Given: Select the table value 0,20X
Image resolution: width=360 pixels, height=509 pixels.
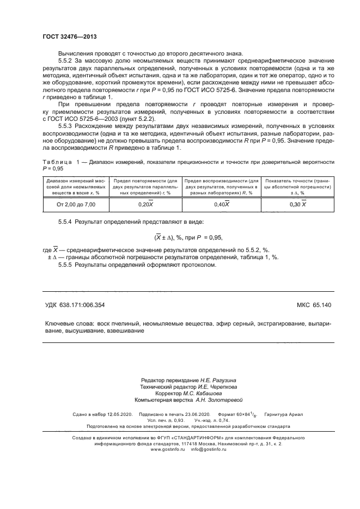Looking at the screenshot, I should [x=145, y=204].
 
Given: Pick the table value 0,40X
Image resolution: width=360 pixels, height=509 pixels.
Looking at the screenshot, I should [x=221, y=204].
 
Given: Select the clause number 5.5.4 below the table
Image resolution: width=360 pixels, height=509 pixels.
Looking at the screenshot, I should [x=66, y=223].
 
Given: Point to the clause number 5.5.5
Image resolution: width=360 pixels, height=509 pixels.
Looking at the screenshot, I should [x=66, y=265].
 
